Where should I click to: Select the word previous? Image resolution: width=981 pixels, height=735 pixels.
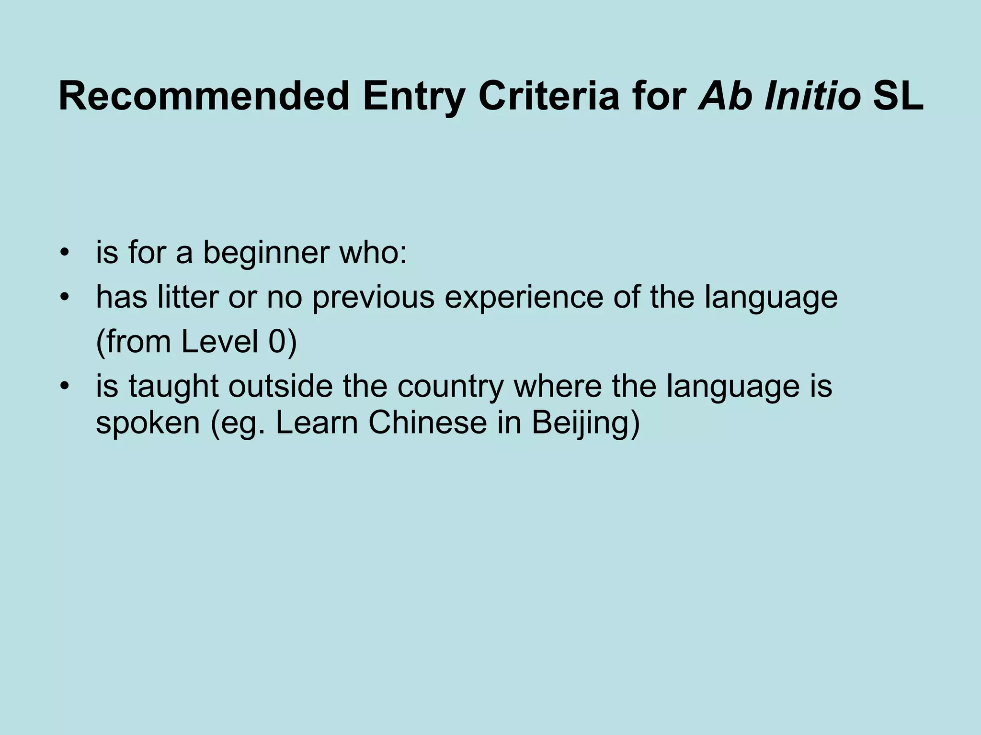373,298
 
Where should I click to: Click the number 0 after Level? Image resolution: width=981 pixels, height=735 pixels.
276,342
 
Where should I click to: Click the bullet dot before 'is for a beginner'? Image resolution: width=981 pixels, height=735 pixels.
65,252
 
